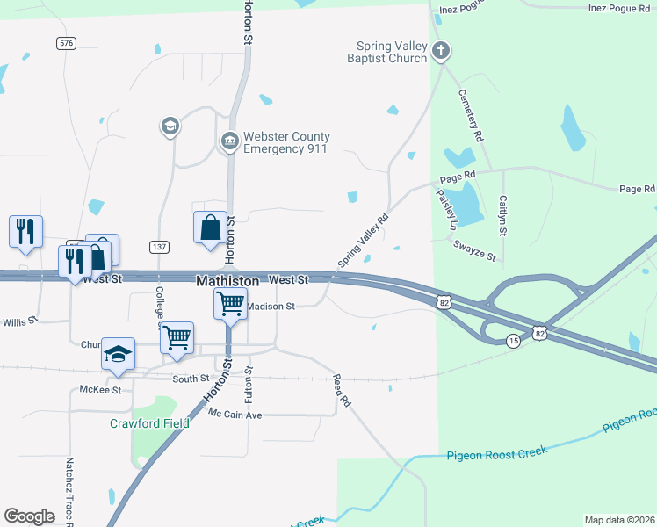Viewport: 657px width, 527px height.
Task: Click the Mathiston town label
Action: click(227, 281)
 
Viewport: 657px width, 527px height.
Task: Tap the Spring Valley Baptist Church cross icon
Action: click(442, 52)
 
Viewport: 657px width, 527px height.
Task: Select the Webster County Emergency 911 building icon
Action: click(229, 141)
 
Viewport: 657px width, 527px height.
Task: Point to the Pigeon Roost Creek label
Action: click(496, 453)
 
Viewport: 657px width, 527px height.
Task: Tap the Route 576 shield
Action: click(65, 42)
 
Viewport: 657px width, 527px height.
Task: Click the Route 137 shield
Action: click(159, 247)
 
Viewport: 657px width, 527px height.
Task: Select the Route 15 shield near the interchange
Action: click(513, 341)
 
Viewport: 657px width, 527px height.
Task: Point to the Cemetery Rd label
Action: click(472, 117)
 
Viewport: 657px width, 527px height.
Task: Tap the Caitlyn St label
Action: click(503, 216)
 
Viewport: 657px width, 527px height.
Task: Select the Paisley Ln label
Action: click(444, 211)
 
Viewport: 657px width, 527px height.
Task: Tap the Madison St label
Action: click(271, 307)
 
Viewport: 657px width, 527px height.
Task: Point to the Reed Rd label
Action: click(342, 391)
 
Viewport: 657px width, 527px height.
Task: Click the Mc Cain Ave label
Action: click(235, 414)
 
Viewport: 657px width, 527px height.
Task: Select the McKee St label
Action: click(100, 389)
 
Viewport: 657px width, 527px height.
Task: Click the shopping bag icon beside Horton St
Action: click(211, 227)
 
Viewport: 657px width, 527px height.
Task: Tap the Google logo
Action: click(30, 516)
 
